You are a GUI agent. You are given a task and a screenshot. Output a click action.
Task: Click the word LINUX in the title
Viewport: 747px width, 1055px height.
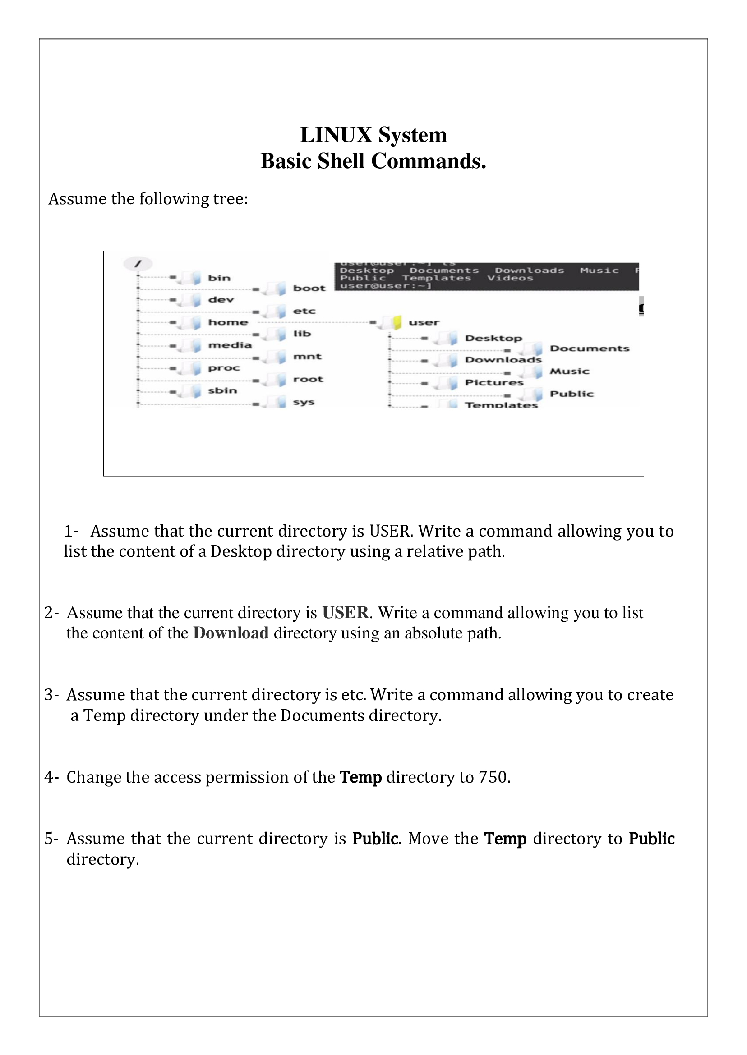336,135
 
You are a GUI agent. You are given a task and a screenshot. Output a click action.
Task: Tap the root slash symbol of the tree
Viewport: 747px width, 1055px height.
138,264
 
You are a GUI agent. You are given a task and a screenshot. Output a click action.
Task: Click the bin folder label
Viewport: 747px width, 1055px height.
219,278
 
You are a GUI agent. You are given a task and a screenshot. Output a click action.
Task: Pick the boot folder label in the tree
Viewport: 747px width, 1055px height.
309,289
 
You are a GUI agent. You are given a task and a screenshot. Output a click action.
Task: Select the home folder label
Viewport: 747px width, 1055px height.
228,322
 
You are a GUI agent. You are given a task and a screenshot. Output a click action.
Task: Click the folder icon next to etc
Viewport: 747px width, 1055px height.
277,312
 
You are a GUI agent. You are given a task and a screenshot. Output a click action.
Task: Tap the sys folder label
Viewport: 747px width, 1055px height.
304,402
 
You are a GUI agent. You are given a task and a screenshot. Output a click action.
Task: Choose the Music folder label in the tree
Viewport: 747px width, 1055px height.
569,372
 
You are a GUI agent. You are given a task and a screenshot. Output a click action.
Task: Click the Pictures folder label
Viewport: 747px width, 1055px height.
494,382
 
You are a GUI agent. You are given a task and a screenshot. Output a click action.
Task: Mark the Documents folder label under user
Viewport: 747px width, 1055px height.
589,349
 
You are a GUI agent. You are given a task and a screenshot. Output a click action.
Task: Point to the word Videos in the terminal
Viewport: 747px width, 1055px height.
510,278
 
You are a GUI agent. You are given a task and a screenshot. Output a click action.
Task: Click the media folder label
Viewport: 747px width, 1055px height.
230,345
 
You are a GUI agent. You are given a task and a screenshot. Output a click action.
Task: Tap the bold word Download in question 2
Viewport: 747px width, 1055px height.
231,633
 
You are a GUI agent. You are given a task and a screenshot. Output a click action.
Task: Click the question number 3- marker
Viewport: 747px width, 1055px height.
51,695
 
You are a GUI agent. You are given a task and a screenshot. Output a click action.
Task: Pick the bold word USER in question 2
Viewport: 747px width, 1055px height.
345,613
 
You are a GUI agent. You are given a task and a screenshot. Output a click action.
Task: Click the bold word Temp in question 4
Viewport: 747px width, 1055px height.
360,777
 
